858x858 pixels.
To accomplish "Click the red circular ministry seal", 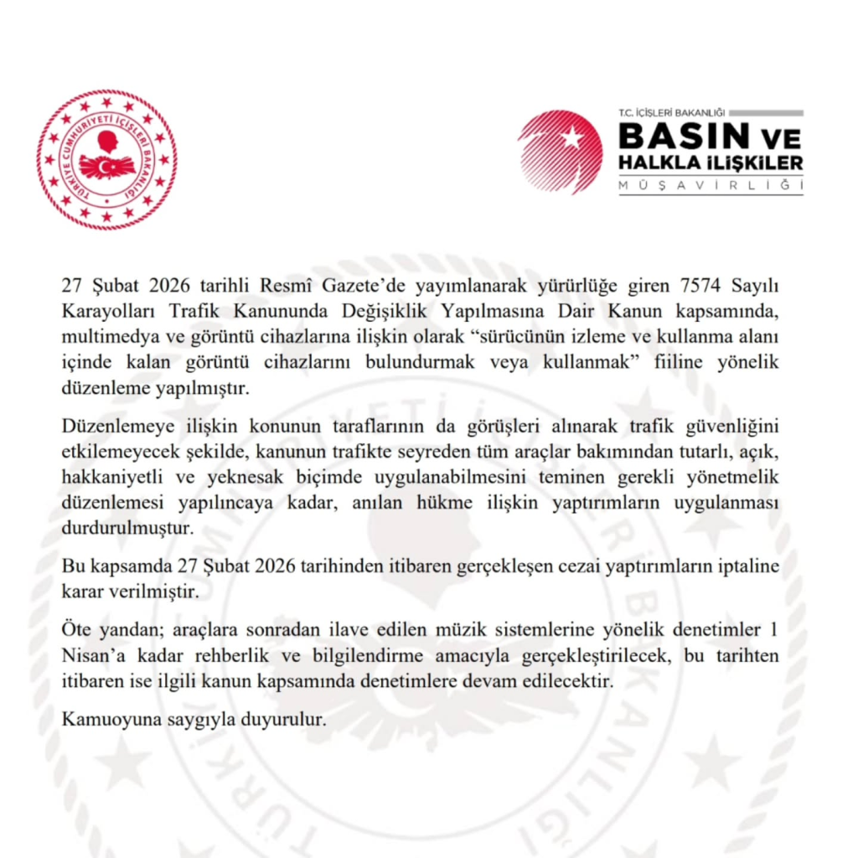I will pyautogui.click(x=106, y=159).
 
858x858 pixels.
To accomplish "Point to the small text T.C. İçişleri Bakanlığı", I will pyautogui.click(x=670, y=112).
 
